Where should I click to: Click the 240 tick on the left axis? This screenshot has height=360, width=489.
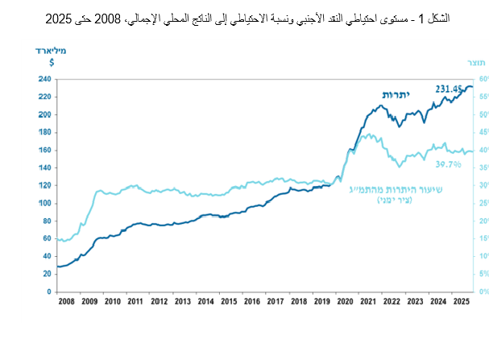45,79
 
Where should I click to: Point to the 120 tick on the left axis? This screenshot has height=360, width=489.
45,184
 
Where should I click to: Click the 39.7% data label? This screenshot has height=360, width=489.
447,163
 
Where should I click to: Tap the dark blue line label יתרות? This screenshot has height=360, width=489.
396,94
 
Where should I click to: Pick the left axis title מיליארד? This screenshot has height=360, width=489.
50,50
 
